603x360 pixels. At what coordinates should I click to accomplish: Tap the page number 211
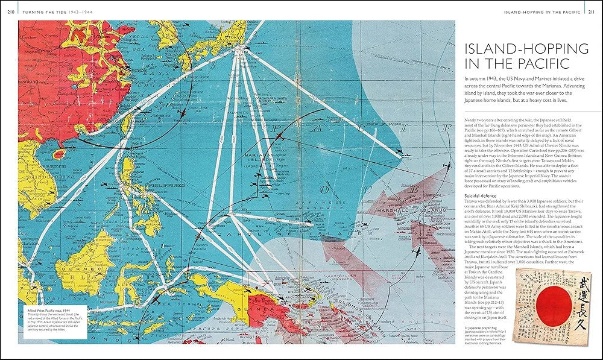pos(592,13)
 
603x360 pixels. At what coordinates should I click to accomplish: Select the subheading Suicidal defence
pos(482,196)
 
